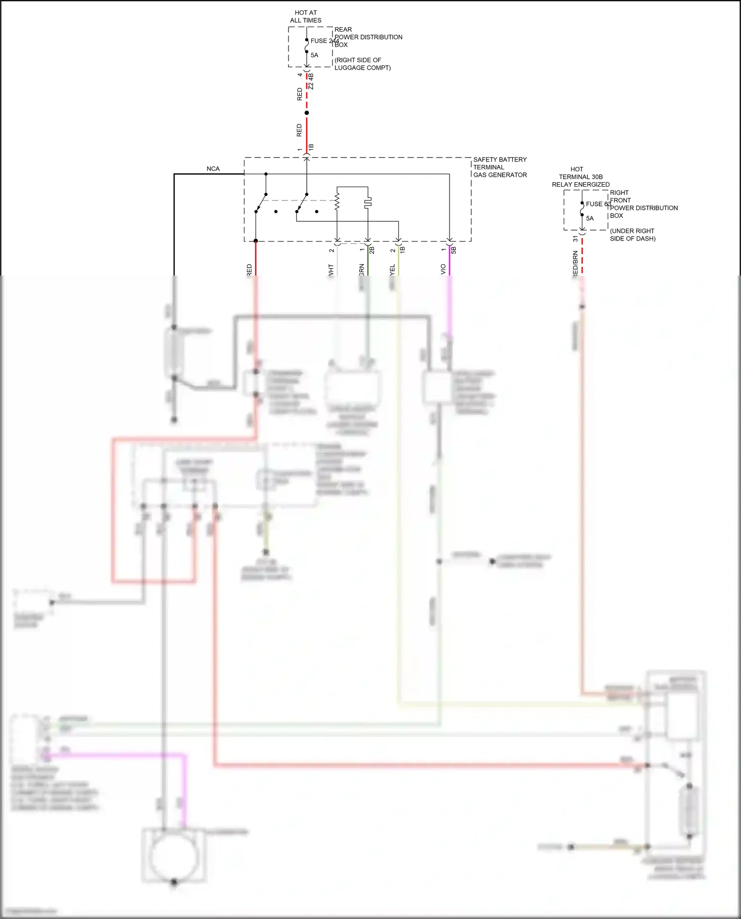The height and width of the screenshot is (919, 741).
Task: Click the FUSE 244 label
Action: (324, 41)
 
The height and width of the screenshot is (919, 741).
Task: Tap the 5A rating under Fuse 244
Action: (314, 55)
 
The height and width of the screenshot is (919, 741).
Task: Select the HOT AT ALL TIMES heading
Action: (306, 16)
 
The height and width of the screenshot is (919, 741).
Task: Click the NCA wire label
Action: (213, 169)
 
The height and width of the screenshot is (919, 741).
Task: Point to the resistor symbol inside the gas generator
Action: (337, 202)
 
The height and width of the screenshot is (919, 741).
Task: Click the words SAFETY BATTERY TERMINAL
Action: (499, 163)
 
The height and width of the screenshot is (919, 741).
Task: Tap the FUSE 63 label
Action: (598, 204)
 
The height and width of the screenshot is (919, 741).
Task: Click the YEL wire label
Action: (392, 270)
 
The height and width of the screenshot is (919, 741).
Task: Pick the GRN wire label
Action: (362, 270)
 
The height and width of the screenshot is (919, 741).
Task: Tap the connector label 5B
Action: (453, 250)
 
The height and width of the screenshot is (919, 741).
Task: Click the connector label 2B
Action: (372, 250)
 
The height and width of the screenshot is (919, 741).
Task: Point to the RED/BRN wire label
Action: (575, 264)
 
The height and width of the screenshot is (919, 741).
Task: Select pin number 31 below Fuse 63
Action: (575, 239)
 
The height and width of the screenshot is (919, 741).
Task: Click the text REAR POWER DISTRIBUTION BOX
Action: (368, 37)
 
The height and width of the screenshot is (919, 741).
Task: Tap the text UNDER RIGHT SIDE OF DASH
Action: (632, 235)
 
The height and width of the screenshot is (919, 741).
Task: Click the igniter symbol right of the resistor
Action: (368, 202)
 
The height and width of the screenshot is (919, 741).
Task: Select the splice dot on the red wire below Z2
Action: (307, 113)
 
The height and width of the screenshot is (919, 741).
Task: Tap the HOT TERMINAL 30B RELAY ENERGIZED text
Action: (580, 177)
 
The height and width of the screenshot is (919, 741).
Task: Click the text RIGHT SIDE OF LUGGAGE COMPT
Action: (362, 64)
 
